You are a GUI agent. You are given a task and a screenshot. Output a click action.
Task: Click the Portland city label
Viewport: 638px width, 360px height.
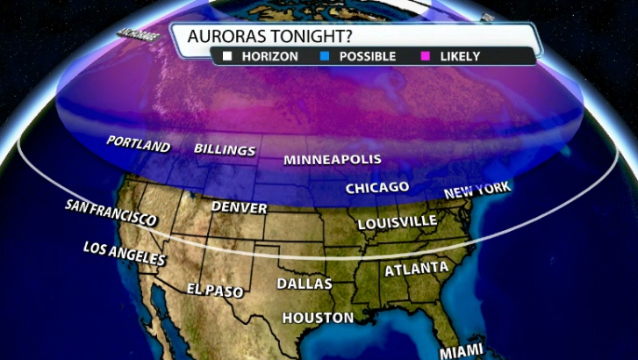coord(138,143)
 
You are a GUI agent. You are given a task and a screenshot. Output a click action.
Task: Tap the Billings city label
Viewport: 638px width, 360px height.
coord(225,150)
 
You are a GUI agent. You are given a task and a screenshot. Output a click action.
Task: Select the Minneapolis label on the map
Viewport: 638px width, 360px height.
coord(333,160)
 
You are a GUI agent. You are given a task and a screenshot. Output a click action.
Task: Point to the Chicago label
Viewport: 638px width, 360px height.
coord(377,188)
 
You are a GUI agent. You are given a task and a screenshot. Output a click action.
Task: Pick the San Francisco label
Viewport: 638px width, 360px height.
coord(111,212)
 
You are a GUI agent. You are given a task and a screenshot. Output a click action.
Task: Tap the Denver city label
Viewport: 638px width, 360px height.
coord(240,208)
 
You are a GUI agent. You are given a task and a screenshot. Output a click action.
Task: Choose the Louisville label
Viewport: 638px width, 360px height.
coord(397,221)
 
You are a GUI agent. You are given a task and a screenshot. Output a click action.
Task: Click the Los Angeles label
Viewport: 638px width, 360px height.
coord(125,253)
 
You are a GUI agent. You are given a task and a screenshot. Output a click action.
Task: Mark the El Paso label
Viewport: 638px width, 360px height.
coord(215,290)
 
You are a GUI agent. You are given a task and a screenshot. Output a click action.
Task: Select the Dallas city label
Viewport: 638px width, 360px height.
coord(305,284)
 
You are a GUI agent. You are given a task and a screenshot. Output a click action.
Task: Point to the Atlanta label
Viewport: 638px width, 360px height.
coord(417,269)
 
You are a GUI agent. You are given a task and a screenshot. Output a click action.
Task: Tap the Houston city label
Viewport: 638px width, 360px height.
coord(318,318)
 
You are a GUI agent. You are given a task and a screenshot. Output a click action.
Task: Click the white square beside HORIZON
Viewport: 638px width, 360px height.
coord(226,56)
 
